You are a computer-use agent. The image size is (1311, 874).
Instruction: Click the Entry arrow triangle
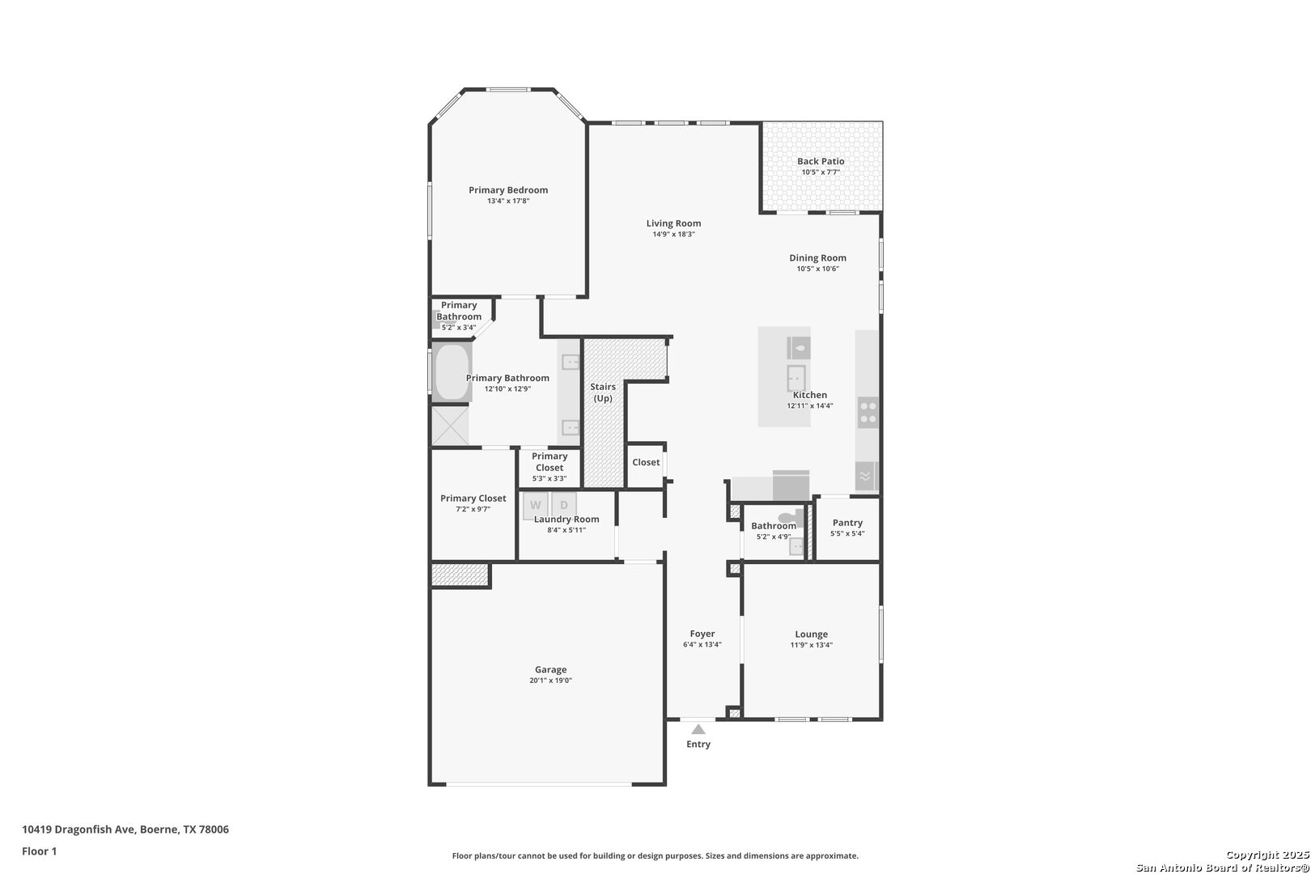698,730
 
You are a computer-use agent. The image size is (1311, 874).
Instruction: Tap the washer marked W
535,505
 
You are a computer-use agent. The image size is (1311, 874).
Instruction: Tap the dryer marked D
564,505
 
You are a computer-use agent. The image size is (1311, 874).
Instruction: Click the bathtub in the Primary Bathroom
452,372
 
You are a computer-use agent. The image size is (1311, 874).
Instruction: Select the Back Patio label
821,161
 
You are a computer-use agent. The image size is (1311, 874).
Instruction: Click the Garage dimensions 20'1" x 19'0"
550,681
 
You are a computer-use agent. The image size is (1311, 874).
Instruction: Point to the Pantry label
847,523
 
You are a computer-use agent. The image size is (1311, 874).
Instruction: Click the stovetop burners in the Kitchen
868,412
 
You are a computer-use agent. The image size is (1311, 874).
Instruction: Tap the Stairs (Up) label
603,392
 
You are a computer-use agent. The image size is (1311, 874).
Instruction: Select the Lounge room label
811,634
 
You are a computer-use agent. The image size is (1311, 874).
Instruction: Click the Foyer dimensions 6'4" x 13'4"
702,645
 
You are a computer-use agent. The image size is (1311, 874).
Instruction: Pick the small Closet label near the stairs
646,462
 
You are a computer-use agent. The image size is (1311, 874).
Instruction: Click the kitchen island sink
796,378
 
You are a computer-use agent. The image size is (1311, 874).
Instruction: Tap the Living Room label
673,223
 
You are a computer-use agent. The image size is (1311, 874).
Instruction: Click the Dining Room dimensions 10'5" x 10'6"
817,269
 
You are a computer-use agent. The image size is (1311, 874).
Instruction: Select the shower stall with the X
450,426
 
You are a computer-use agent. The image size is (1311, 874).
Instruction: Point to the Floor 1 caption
40,851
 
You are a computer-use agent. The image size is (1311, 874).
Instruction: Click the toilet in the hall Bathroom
787,517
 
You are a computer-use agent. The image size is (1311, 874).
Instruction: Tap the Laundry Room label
566,520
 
